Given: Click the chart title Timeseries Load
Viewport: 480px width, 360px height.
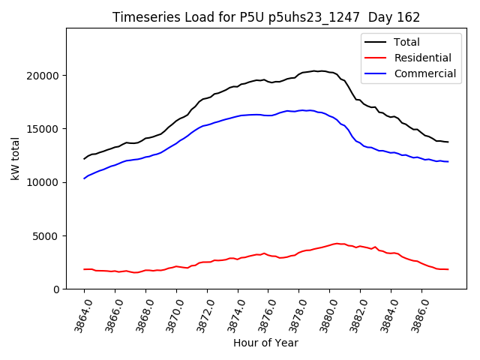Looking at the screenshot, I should coord(266,17).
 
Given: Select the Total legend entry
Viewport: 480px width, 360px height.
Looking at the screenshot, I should coord(406,42).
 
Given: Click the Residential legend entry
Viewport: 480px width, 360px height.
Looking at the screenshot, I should coord(422,58).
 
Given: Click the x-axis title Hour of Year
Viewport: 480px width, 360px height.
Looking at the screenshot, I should coord(265,343).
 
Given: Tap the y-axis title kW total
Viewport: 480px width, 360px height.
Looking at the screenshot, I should coord(15,158).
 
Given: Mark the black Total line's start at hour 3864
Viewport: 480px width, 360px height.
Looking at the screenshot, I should coord(84,159).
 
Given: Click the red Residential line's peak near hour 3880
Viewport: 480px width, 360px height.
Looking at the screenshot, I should coord(336,243).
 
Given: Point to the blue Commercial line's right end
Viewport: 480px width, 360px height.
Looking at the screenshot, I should coord(448,161).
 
